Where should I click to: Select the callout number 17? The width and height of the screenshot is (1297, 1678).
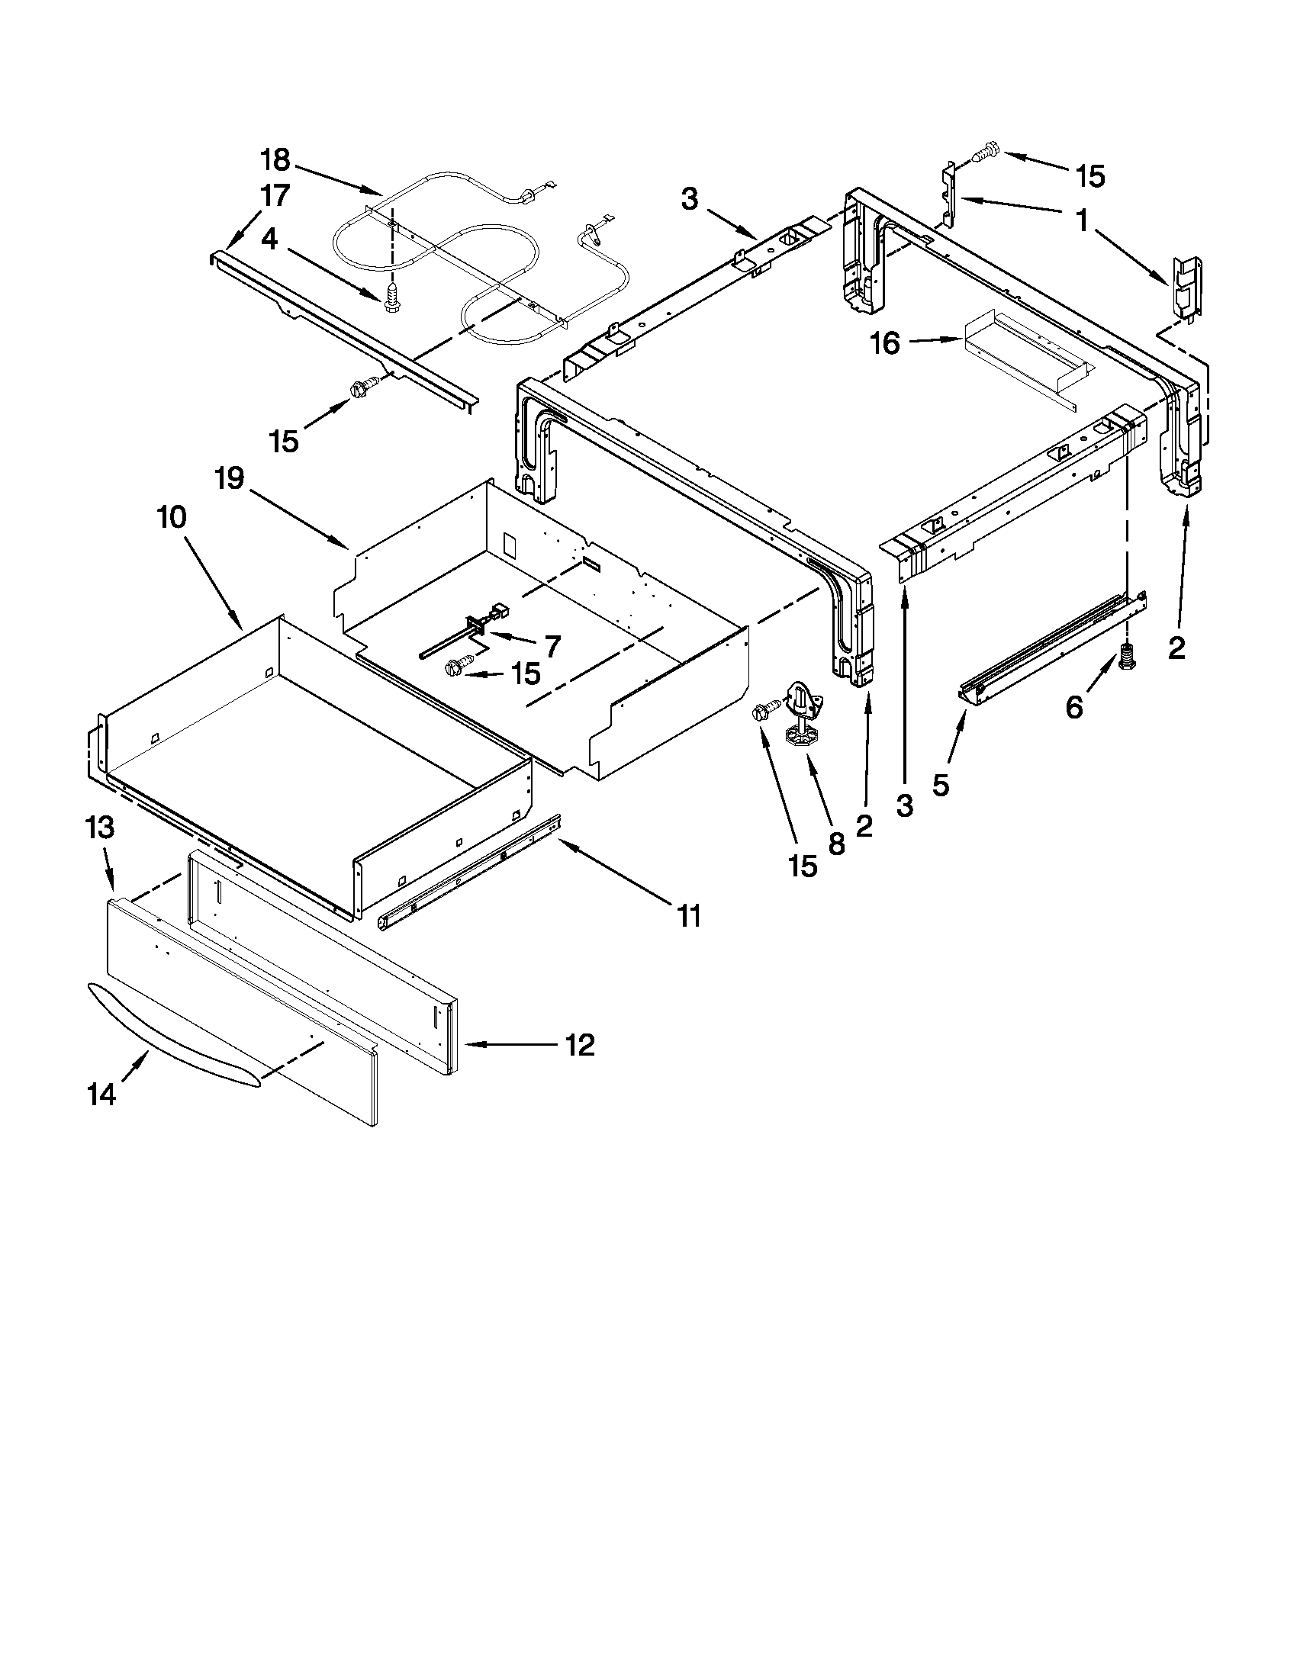point(275,196)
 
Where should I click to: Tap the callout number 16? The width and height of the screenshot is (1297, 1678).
point(886,343)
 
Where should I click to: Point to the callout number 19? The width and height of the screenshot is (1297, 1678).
point(230,479)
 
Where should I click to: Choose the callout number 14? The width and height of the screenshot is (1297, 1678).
point(101,1093)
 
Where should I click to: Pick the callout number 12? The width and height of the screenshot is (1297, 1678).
point(580,1045)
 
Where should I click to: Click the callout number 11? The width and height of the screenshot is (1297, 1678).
point(688,915)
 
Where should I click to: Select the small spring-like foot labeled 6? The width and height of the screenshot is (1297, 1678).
point(1128,657)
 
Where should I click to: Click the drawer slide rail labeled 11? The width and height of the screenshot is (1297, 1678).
point(468,872)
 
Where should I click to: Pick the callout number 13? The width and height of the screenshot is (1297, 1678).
point(100,828)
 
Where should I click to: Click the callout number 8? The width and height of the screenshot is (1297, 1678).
point(837,844)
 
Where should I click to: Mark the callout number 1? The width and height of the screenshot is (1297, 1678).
point(1082,222)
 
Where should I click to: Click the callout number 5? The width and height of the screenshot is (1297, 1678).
point(941,784)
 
